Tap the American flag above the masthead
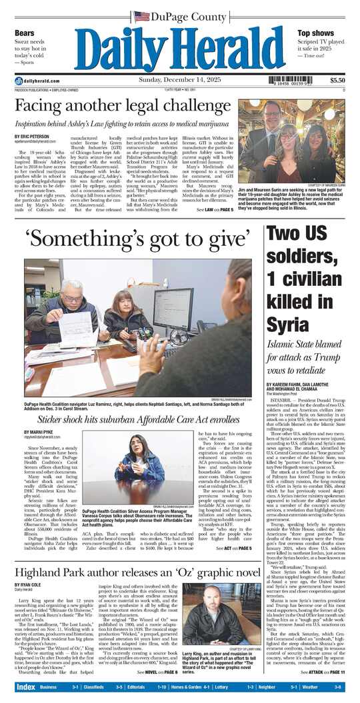pos(142,15)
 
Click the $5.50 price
pos(337,81)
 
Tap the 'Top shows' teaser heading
pos(315,32)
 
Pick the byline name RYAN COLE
pos(28,585)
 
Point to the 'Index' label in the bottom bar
pos(25,686)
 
